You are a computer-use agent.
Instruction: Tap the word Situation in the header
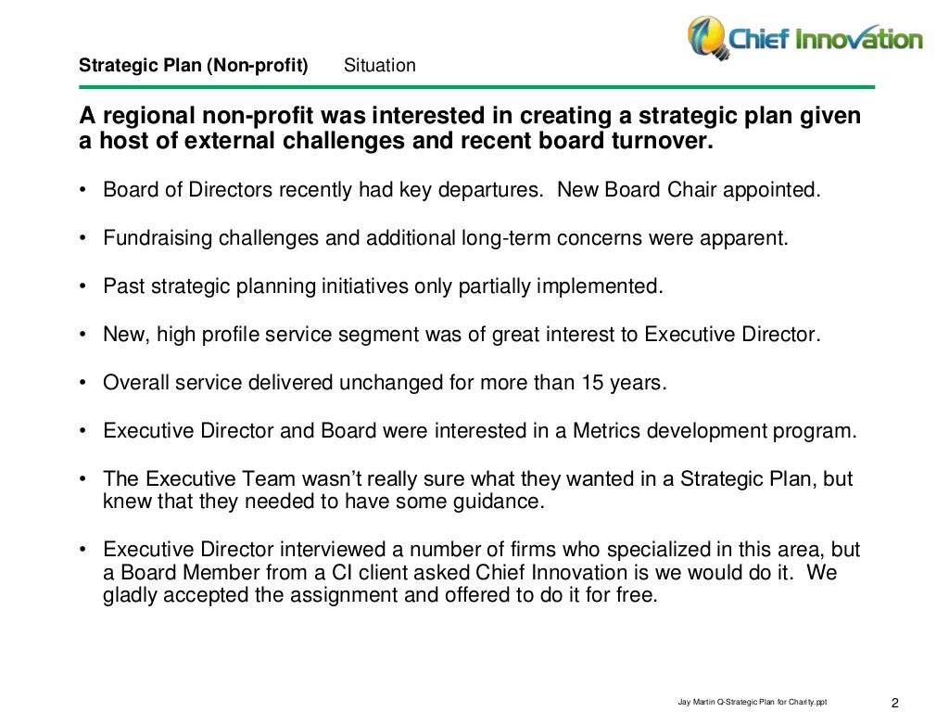pyautogui.click(x=379, y=66)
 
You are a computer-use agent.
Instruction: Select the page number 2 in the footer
pyautogui.click(x=896, y=701)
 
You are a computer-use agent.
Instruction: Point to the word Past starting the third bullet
pyautogui.click(x=121, y=286)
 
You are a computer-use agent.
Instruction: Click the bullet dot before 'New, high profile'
pyautogui.click(x=82, y=335)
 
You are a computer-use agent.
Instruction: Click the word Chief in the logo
pyautogui.click(x=760, y=39)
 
